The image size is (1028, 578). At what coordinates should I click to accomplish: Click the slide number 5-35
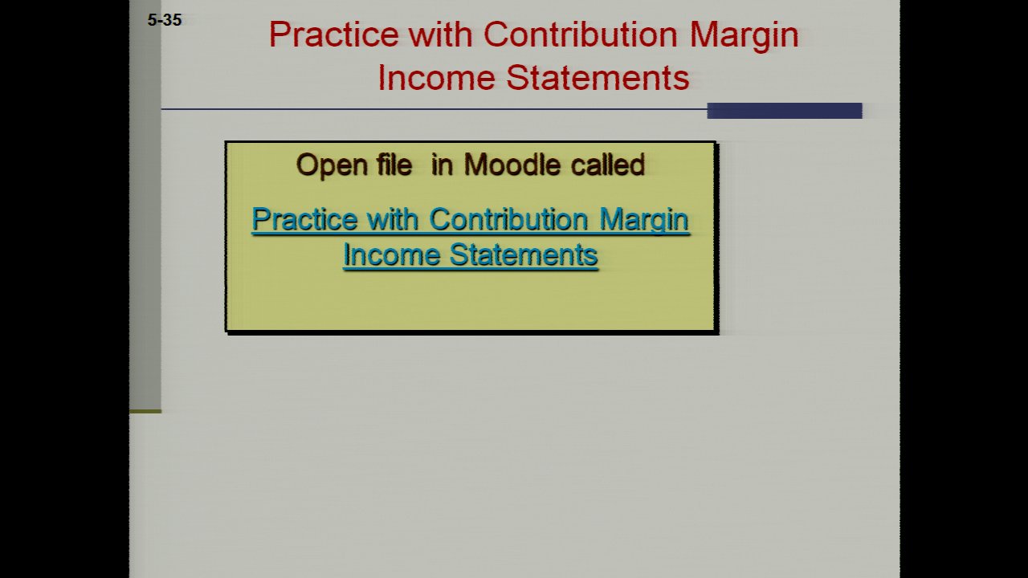pos(165,20)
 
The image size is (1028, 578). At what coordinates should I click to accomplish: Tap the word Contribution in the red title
pos(581,35)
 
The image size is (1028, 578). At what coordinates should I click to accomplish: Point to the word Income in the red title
pos(436,78)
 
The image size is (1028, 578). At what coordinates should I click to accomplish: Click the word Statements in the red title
pos(598,78)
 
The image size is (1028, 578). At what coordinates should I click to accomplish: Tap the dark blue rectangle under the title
pos(785,111)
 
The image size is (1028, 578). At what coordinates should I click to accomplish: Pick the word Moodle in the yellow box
pos(512,165)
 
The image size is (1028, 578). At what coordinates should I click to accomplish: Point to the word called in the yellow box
pos(608,165)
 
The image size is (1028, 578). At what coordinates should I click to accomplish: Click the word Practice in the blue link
pos(304,219)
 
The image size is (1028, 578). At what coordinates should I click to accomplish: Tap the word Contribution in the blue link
pos(508,219)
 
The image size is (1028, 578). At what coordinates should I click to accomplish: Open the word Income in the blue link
pos(391,254)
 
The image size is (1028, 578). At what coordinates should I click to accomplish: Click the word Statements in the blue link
pos(524,254)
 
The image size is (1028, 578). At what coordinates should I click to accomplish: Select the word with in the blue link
pos(393,219)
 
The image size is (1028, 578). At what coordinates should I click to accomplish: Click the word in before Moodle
pos(442,165)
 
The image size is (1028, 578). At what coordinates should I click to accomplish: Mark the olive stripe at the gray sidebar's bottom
pos(145,412)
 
